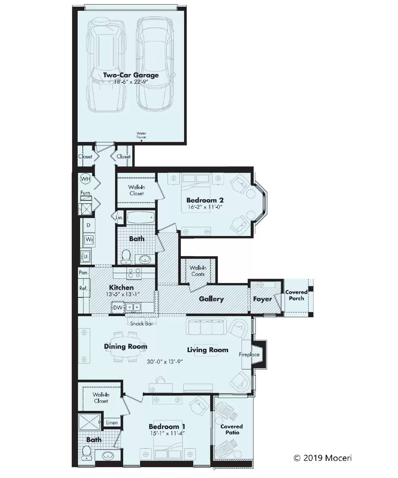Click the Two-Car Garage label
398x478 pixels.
coord(131,75)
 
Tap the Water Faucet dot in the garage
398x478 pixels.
coord(141,141)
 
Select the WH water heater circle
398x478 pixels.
coord(85,179)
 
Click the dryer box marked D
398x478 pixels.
coord(89,225)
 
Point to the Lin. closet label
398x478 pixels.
coord(119,217)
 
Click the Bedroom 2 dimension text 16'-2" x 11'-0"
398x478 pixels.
coord(205,207)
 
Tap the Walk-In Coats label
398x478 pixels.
coord(198,271)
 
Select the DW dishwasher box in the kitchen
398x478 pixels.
coord(118,307)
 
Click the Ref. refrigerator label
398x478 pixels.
coord(84,288)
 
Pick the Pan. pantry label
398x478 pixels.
coord(84,272)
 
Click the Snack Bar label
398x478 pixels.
coord(141,324)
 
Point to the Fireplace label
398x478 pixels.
coord(249,355)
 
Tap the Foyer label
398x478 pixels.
coord(262,299)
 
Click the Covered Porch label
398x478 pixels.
coord(296,295)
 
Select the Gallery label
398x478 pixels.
coord(211,299)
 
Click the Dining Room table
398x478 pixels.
coord(127,347)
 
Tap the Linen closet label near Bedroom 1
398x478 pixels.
coord(112,422)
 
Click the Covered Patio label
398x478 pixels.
coord(232,429)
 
